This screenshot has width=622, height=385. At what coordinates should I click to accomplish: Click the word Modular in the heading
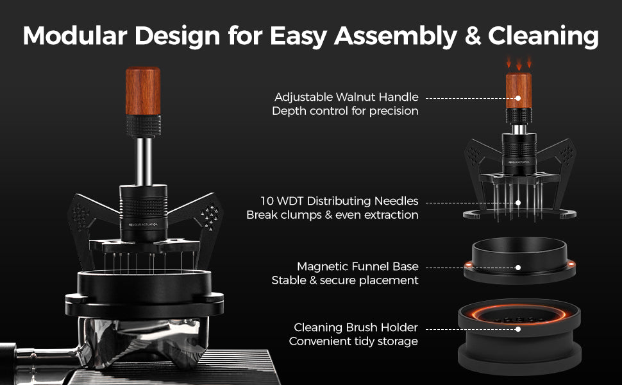point(75,35)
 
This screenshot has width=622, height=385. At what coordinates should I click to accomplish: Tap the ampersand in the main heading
point(473,36)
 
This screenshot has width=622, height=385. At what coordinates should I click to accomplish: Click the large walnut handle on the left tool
point(143,91)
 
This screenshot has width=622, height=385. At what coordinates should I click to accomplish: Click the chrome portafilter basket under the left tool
point(144,341)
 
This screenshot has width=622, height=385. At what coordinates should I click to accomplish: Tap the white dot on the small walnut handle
point(518,98)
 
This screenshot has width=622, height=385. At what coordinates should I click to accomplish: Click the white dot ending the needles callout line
point(518,203)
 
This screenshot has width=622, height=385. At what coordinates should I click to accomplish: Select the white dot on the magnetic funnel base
point(518,268)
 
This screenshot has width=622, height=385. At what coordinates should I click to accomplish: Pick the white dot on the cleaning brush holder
point(518,329)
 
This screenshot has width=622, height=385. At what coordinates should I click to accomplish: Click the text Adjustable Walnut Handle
point(346,98)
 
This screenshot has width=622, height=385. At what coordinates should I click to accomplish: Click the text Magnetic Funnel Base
point(357,266)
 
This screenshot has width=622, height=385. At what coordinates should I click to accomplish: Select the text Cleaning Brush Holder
point(356,327)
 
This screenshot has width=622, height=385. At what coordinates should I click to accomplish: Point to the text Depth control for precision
point(345,111)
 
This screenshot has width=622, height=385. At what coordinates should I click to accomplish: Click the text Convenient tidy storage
point(353,341)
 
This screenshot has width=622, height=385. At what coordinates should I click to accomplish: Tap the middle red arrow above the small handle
point(519,64)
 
